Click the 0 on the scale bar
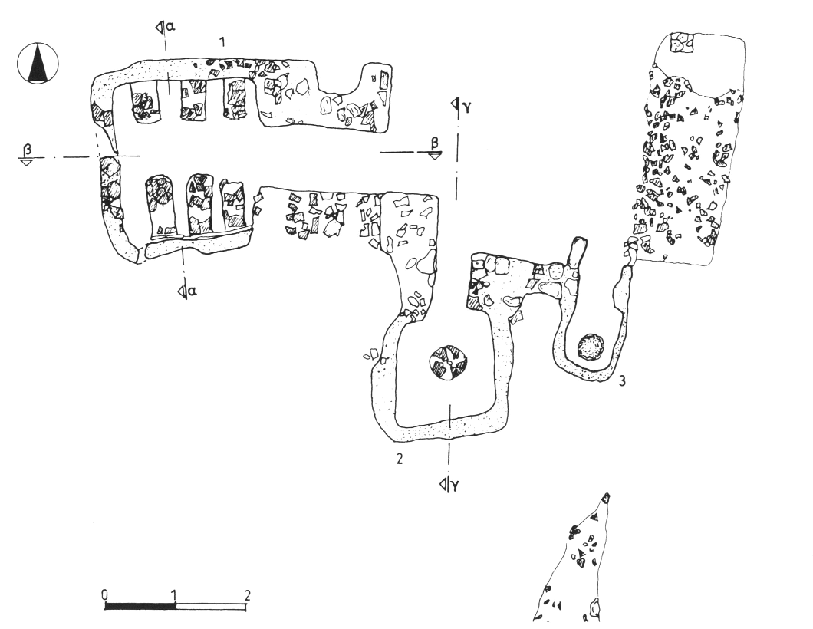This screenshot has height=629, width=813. pyautogui.click(x=104, y=594)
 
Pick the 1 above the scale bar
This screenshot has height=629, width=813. pyautogui.click(x=176, y=594)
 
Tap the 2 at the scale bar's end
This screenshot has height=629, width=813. pyautogui.click(x=247, y=594)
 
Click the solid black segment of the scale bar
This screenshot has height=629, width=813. pyautogui.click(x=140, y=606)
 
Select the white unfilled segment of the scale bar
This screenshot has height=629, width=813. pyautogui.click(x=212, y=606)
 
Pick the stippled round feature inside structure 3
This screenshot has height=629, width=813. pyautogui.click(x=591, y=347)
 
